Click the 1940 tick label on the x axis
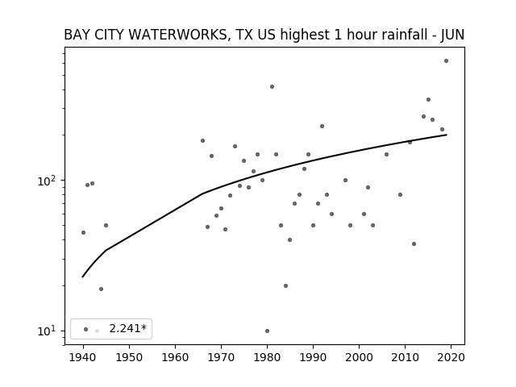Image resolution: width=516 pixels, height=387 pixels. [83, 357]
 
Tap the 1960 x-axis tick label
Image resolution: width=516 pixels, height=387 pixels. [175, 357]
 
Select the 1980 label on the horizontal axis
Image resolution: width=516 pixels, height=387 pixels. [267, 357]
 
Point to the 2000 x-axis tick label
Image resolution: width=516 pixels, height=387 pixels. [359, 357]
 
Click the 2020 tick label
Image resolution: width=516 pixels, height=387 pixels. [451, 357]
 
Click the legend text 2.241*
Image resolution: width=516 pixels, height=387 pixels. [127, 328]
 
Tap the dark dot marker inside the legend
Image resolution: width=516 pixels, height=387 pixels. [86, 330]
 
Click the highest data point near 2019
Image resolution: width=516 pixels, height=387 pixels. [446, 61]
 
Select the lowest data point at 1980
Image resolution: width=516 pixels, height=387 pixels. [267, 331]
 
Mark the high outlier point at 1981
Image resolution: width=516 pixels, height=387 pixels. [273, 87]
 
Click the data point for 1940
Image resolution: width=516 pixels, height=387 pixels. [84, 233]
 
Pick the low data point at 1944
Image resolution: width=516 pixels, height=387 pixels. [101, 289]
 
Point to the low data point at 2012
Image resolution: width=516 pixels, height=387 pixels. [414, 243]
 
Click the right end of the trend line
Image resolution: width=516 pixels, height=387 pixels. [447, 135]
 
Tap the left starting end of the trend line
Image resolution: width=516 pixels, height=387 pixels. [82, 277]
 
